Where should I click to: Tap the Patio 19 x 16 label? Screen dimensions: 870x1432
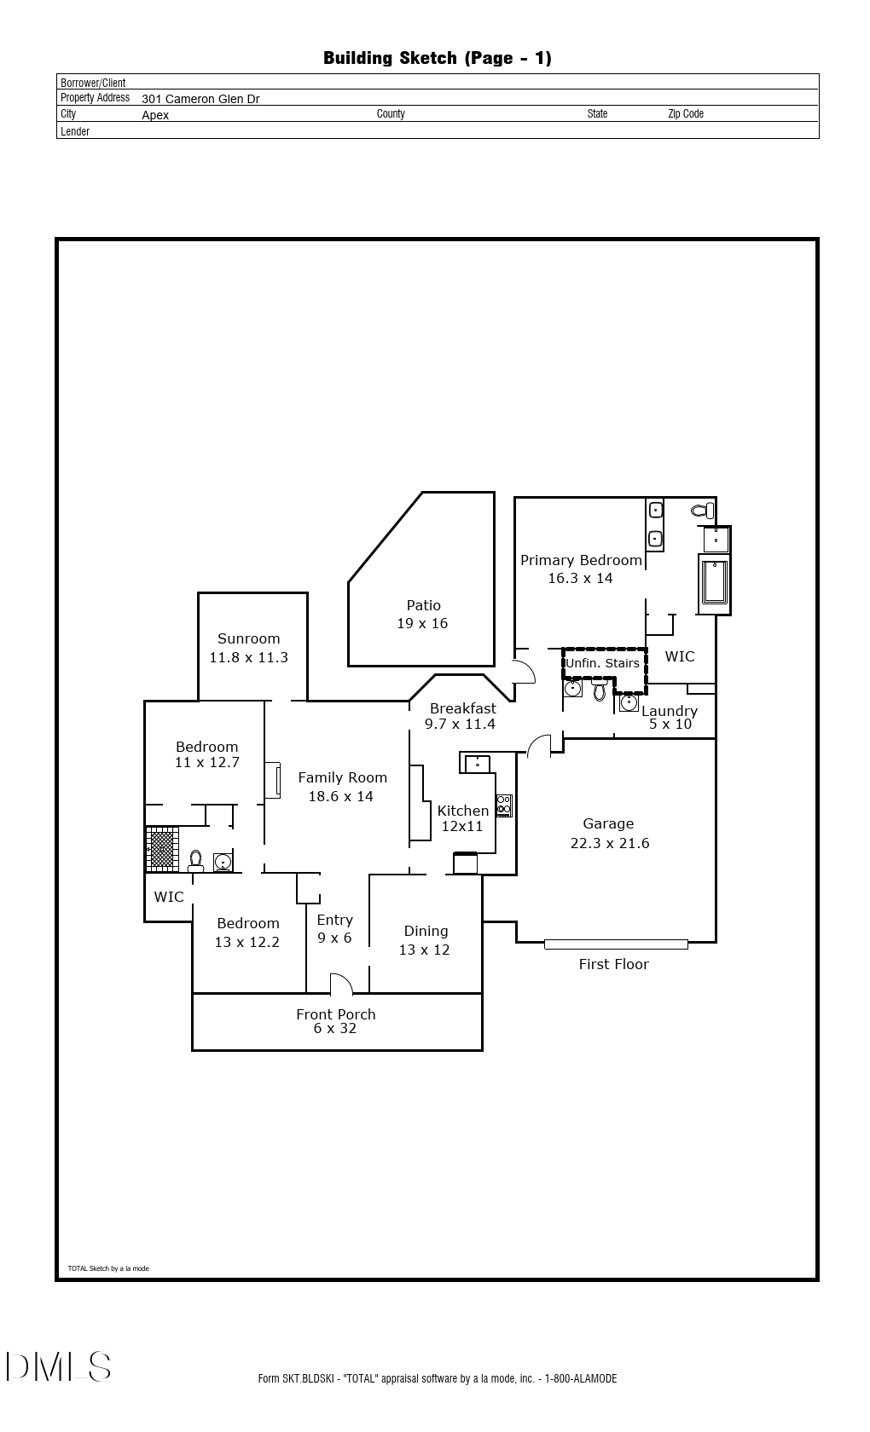422,615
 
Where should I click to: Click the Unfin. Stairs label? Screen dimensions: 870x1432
602,663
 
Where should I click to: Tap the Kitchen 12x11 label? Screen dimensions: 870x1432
462,818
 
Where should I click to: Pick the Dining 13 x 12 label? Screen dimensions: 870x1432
425,940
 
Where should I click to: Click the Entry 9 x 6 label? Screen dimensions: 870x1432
334,929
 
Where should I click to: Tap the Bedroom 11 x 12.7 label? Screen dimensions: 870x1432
207,754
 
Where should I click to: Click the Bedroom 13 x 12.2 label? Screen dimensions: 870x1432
247,933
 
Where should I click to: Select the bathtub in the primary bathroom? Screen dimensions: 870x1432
715,581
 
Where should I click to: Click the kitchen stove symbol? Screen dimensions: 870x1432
504,805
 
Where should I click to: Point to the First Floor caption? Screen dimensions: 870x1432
613,964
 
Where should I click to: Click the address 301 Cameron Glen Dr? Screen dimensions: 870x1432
201,99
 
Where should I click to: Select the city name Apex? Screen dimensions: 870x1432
155,115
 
